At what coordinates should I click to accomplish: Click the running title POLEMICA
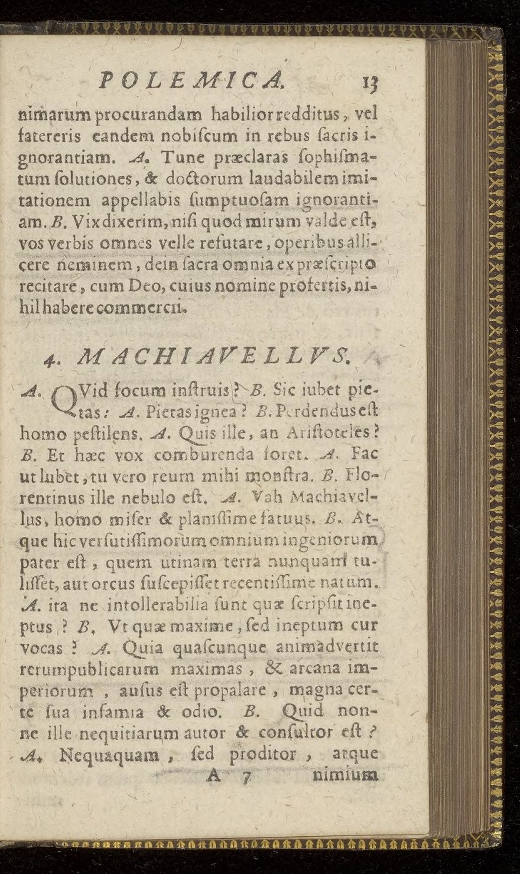pyautogui.click(x=191, y=81)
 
